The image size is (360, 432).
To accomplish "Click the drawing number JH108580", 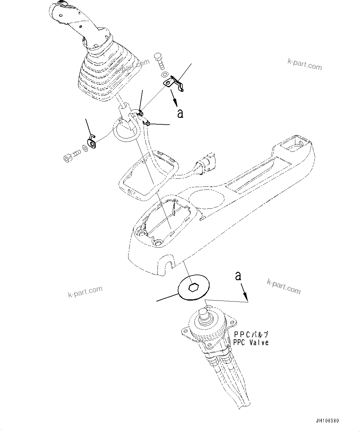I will click(x=327, y=421).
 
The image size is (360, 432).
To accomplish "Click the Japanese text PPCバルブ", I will click(x=251, y=335).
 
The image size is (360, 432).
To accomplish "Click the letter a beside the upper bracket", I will click(x=180, y=113).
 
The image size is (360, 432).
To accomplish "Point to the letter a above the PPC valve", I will click(x=238, y=276).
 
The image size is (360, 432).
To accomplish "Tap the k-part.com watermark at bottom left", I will click(x=85, y=291).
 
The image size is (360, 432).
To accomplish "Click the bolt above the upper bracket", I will click(x=160, y=62).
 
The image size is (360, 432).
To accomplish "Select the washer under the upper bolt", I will click(x=165, y=75).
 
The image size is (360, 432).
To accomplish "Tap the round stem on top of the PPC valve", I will click(x=204, y=315).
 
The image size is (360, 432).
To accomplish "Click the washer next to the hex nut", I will click(x=85, y=148).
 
